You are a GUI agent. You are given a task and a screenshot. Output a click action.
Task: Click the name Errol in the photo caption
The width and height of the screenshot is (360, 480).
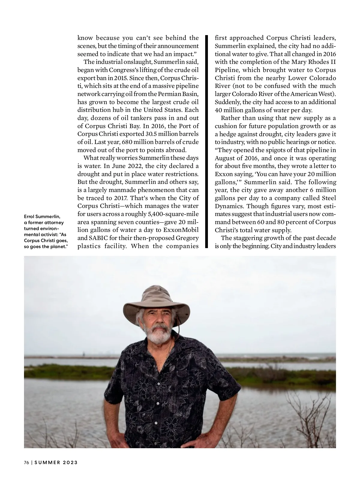[x=29, y=217]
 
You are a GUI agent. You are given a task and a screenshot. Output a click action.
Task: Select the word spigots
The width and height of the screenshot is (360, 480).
[x=266, y=150]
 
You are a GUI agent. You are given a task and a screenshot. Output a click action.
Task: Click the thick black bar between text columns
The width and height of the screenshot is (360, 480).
[x=206, y=141]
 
